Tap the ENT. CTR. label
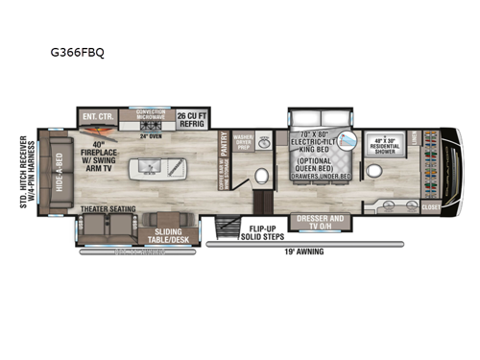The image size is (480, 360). tap(101, 119)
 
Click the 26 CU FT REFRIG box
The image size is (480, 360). tap(195, 119)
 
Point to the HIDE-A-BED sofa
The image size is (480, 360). tap(59, 173)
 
